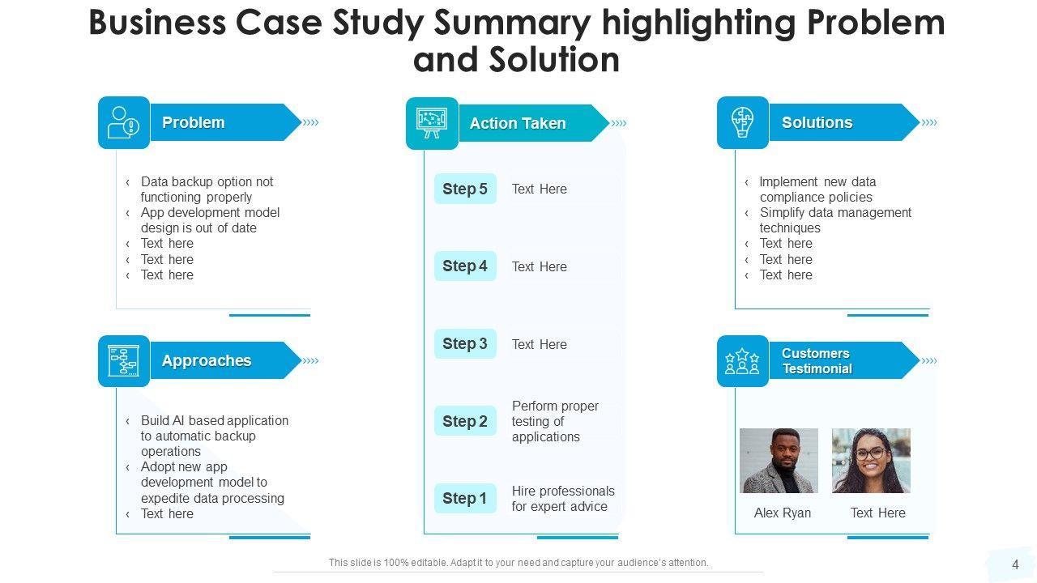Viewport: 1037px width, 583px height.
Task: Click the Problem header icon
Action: click(x=124, y=123)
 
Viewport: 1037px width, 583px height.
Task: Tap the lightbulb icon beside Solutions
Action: click(x=742, y=123)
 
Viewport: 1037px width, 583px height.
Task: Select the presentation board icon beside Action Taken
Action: click(x=432, y=124)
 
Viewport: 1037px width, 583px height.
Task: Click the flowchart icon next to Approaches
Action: click(x=124, y=361)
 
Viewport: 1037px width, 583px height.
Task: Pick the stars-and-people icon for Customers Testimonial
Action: click(x=742, y=361)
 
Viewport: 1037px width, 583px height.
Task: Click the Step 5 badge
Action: click(x=465, y=189)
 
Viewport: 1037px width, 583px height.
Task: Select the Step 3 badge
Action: click(x=465, y=344)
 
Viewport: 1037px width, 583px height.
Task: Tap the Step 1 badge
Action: click(x=465, y=499)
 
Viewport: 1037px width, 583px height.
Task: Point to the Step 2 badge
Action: click(x=465, y=421)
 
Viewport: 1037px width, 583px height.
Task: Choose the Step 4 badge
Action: click(x=465, y=266)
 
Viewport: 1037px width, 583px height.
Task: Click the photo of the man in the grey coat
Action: click(x=779, y=461)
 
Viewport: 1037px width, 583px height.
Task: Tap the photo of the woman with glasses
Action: click(x=871, y=461)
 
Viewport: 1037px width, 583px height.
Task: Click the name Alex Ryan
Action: click(x=783, y=513)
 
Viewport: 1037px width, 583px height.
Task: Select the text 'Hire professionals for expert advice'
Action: click(x=563, y=499)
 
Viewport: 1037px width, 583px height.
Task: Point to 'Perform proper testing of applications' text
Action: click(x=555, y=421)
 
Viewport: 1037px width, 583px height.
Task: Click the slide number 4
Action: click(x=1016, y=565)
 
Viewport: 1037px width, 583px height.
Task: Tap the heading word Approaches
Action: click(x=207, y=361)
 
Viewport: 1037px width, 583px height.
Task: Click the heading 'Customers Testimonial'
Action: click(x=817, y=361)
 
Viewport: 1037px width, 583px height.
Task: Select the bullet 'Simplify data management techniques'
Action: click(x=834, y=220)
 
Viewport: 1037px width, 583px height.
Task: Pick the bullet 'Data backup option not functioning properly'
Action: click(x=207, y=189)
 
